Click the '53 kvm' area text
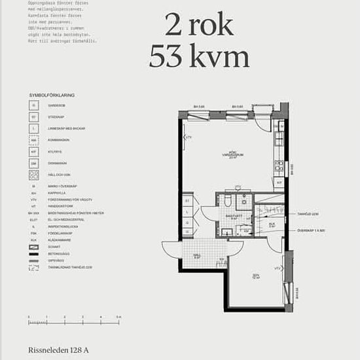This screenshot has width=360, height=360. (x=199, y=57)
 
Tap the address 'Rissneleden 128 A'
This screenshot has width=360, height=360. (x=58, y=351)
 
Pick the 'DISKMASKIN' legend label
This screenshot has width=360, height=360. (x=58, y=163)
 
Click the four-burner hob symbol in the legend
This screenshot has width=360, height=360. (x=33, y=175)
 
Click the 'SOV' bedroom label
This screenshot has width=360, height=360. (x=256, y=275)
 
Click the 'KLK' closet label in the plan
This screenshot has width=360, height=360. (x=272, y=225)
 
